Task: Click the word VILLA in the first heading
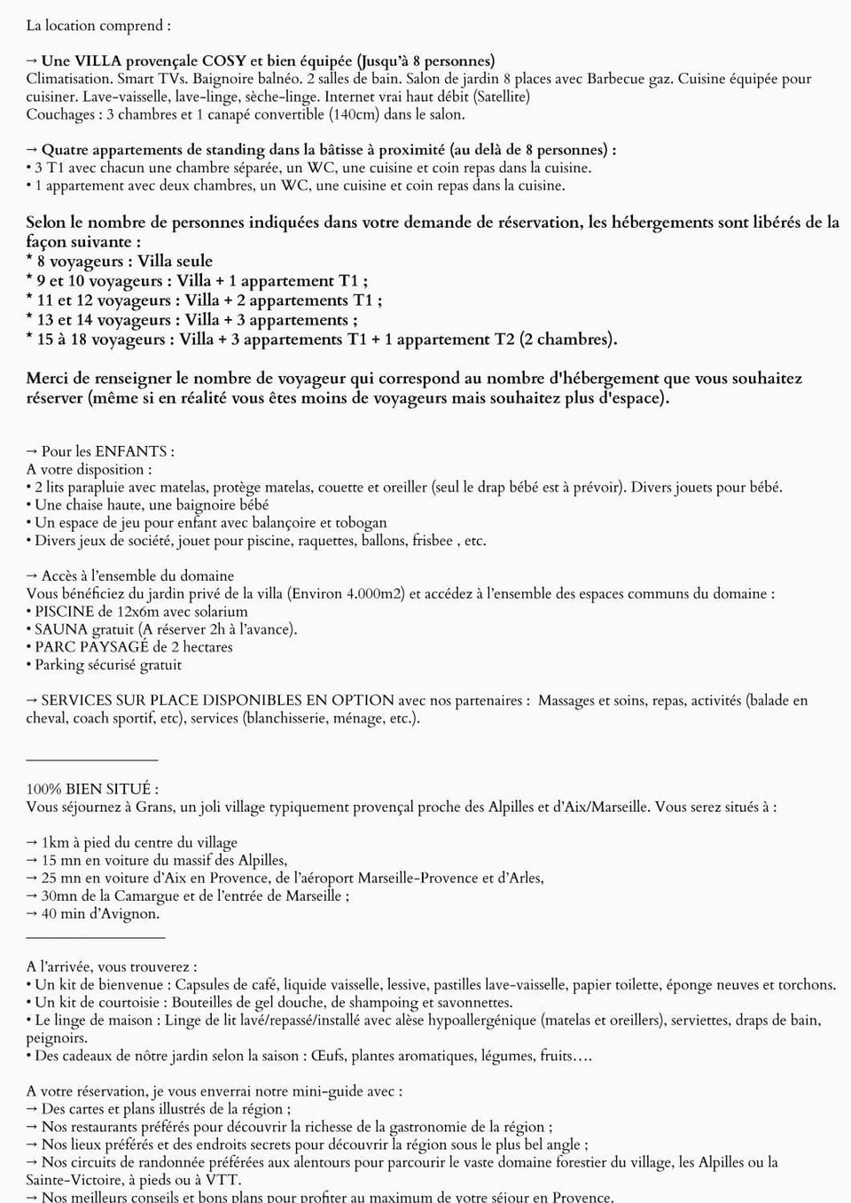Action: click(98, 61)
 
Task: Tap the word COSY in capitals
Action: click(224, 61)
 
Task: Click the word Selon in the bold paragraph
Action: click(45, 222)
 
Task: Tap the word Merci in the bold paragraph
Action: click(48, 379)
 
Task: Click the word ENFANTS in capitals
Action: click(131, 451)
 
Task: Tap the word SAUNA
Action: click(61, 629)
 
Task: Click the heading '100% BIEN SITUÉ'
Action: click(92, 789)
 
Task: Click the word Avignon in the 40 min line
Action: click(130, 913)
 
